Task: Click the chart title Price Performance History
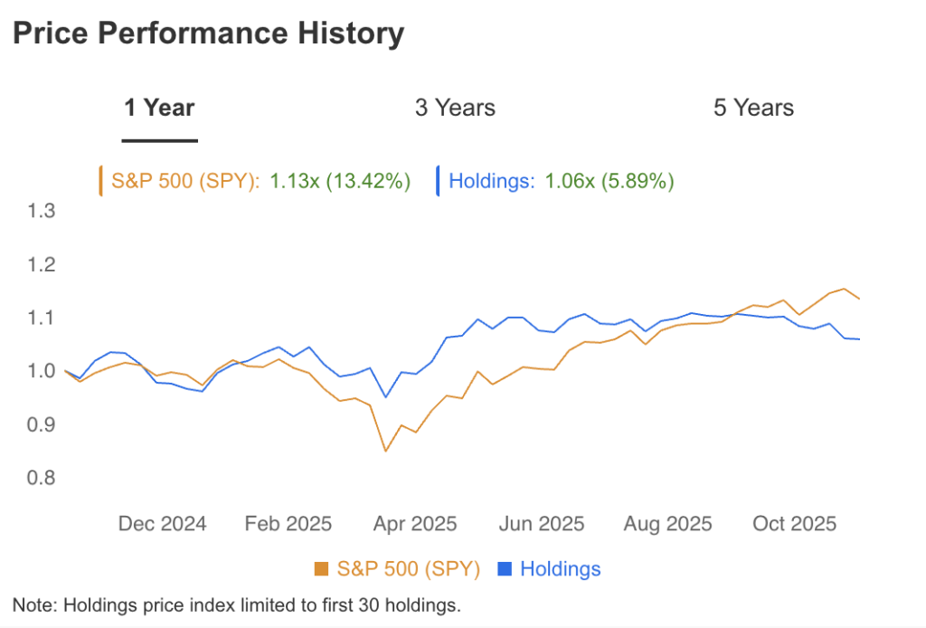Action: [207, 33]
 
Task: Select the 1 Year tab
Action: [159, 108]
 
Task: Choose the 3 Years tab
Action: [455, 108]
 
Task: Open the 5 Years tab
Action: [753, 108]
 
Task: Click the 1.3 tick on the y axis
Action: [43, 212]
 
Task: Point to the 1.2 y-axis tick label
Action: [43, 265]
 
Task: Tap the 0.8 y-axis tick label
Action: [43, 478]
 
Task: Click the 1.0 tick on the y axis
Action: [43, 371]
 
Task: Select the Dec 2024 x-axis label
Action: [163, 524]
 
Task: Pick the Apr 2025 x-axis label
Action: [415, 524]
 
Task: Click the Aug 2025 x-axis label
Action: [668, 524]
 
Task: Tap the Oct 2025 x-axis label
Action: [795, 524]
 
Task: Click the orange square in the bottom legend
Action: [321, 569]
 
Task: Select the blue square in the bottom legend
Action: [506, 569]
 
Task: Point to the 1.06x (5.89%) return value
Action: [609, 181]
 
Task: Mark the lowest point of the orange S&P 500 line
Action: [386, 451]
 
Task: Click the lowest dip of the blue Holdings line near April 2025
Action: [386, 397]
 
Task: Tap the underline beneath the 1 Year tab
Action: [159, 140]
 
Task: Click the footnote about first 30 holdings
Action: [237, 604]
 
